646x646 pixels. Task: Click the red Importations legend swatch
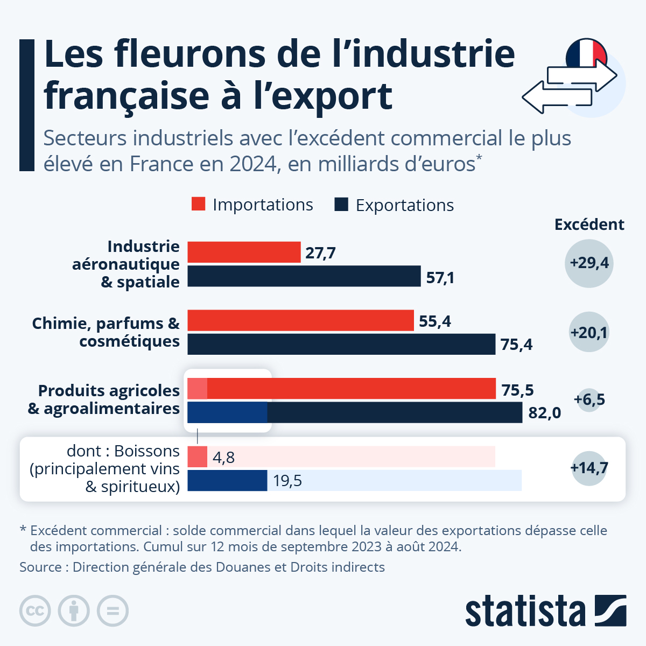pyautogui.click(x=198, y=204)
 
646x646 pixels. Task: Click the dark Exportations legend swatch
pyautogui.click(x=341, y=204)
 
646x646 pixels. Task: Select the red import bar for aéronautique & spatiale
pyautogui.click(x=244, y=252)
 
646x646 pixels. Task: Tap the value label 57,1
pyautogui.click(x=440, y=277)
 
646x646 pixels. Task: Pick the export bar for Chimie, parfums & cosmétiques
pyautogui.click(x=341, y=344)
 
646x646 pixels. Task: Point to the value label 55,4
pyautogui.click(x=434, y=321)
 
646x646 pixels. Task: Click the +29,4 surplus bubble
pyautogui.click(x=589, y=263)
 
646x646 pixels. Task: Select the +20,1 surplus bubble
pyautogui.click(x=589, y=333)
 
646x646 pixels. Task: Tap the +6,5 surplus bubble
pyautogui.click(x=589, y=399)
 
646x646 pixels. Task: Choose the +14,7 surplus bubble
pyautogui.click(x=589, y=467)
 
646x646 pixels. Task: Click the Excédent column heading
pyautogui.click(x=589, y=224)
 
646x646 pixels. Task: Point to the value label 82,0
pyautogui.click(x=544, y=413)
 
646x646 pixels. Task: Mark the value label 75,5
pyautogui.click(x=517, y=390)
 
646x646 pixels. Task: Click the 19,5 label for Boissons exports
pyautogui.click(x=287, y=481)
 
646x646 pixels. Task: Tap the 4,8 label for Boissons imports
pyautogui.click(x=223, y=458)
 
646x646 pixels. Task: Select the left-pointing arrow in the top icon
pyautogui.click(x=554, y=97)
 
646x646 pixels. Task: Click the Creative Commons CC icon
pyautogui.click(x=35, y=611)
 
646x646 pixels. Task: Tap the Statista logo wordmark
pyautogui.click(x=525, y=612)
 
